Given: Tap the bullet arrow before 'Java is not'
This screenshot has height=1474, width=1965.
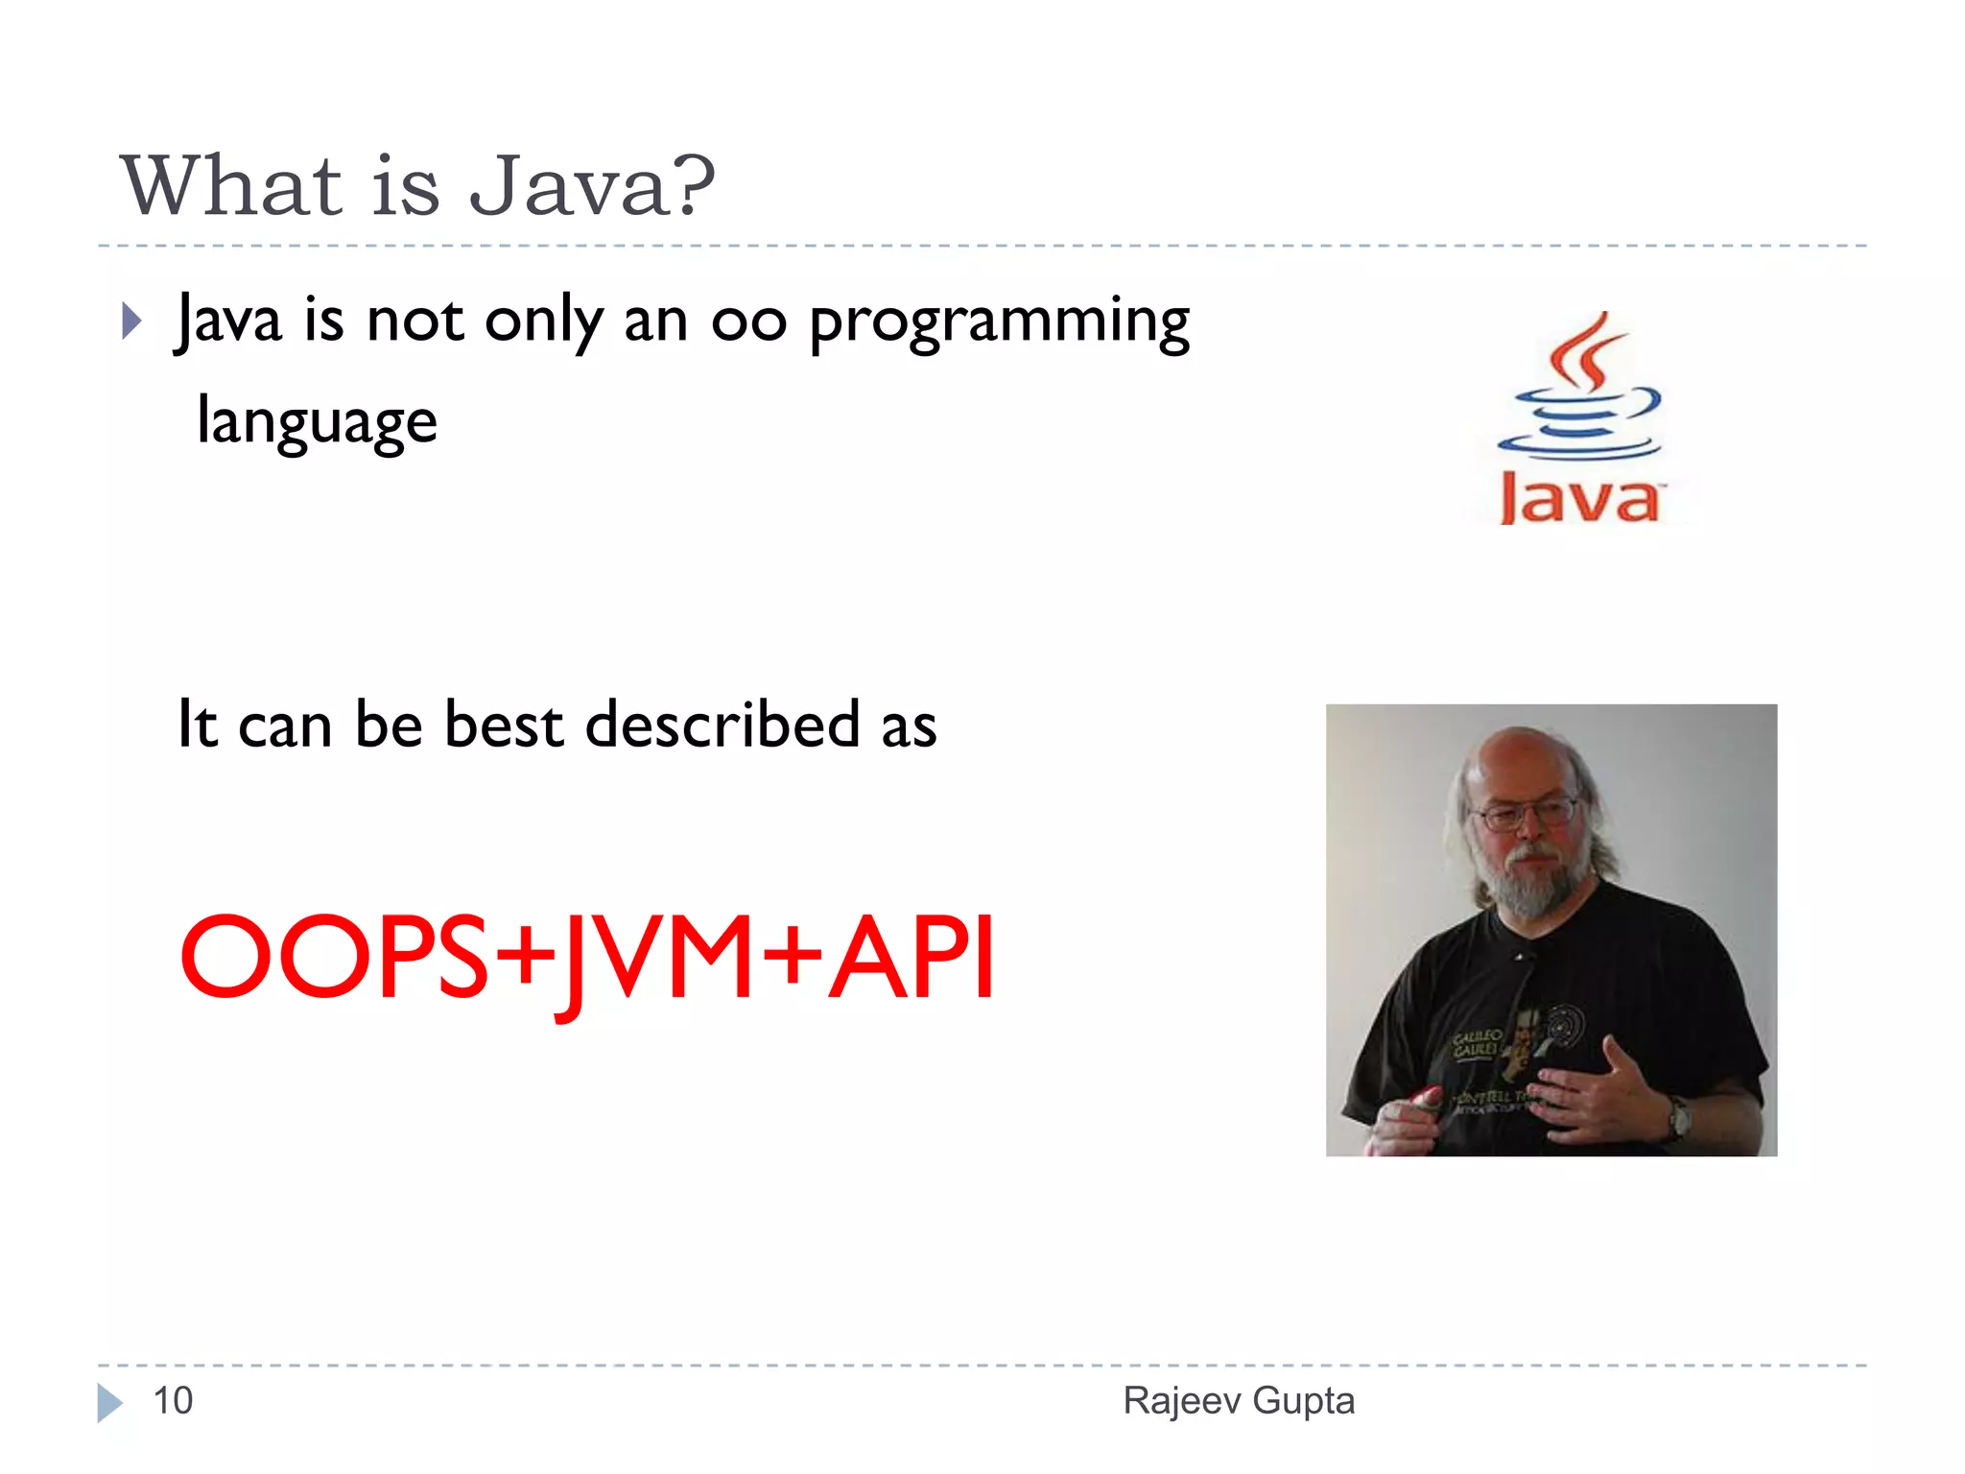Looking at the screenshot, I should point(132,321).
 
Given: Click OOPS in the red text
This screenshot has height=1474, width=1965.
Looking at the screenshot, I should point(334,958).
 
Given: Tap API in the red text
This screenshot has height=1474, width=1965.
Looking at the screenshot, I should point(911,958).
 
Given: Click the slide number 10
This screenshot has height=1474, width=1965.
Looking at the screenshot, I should point(173,1401).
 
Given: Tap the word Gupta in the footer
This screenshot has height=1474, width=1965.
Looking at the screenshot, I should point(1304,1401).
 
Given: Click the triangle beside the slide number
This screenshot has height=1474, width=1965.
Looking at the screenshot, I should point(108,1402).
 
